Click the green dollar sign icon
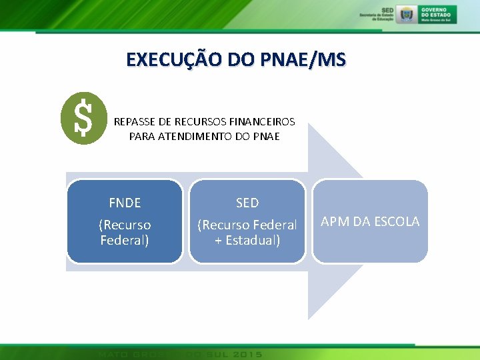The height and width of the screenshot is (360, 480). coord(83,118)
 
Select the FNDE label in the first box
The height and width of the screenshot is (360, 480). coord(125,203)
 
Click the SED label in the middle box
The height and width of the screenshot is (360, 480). coord(247,203)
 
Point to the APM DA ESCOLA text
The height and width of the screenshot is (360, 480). coord(370,221)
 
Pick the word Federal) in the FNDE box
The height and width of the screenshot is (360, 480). coord(125,240)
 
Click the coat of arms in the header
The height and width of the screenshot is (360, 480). coord(405,14)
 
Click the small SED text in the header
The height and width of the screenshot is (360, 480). coord(388,10)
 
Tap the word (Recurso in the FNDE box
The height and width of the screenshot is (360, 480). coord(125,225)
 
